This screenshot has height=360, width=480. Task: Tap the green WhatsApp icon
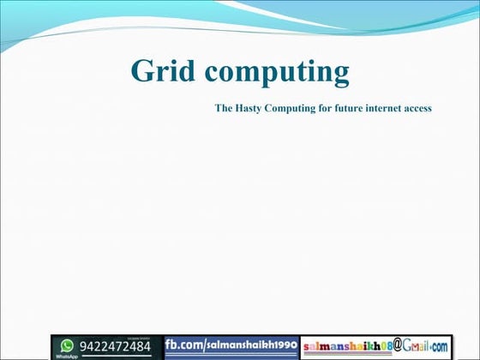tap(67, 345)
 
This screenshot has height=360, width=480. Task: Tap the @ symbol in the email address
tap(399, 345)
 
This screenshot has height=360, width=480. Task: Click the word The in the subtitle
tap(224, 109)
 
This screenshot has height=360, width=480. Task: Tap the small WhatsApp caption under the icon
tap(67, 355)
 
